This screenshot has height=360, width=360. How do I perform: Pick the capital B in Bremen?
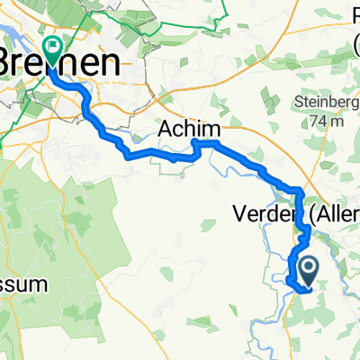click(x=14, y=64)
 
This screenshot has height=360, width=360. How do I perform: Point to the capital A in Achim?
click(x=166, y=130)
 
